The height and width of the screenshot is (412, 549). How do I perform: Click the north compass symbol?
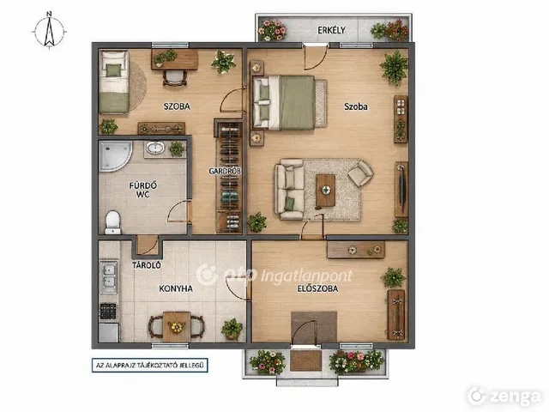[x=50, y=31]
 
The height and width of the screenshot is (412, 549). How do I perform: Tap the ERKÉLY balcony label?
[x=331, y=31]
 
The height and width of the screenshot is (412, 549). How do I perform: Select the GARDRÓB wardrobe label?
[x=225, y=172]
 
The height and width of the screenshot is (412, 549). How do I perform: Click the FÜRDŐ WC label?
[x=143, y=190]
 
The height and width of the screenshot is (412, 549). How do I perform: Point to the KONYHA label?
[x=176, y=288]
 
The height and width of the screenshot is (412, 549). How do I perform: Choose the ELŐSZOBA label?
[x=317, y=288]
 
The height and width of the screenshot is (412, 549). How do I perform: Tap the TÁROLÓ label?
[x=147, y=265]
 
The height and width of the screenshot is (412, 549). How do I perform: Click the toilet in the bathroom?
[x=112, y=222]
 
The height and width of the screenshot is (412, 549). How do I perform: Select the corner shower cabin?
[x=115, y=155]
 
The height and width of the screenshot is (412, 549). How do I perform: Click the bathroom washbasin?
[x=155, y=148]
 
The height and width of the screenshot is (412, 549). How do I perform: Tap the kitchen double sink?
[x=109, y=276]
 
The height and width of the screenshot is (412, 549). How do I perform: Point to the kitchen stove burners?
[x=108, y=312]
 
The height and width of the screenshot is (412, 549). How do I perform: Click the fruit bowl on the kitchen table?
[x=177, y=327]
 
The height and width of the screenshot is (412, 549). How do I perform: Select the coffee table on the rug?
[x=326, y=191]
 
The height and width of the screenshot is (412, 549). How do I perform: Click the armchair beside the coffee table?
[x=360, y=173]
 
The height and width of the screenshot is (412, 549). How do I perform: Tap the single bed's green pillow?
[x=113, y=70]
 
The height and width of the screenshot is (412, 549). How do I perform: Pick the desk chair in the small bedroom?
[x=175, y=78]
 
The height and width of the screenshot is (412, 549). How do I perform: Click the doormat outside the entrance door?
[x=306, y=360]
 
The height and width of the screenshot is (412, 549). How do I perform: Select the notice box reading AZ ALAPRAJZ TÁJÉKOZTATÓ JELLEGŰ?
[x=150, y=365]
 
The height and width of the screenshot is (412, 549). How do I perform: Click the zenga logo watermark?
[x=504, y=397]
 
